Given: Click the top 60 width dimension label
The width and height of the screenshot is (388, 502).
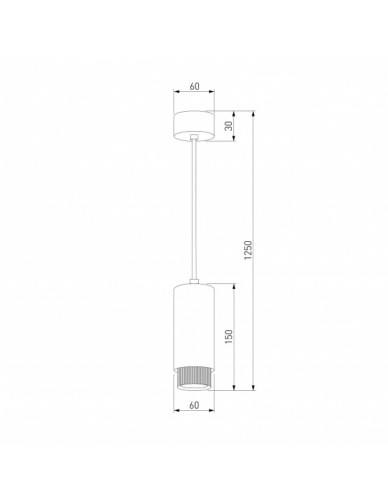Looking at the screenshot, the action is pyautogui.click(x=195, y=86).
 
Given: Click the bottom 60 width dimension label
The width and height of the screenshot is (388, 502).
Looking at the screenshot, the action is pyautogui.click(x=194, y=405).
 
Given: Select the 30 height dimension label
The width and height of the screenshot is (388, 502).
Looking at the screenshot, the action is pyautogui.click(x=228, y=126).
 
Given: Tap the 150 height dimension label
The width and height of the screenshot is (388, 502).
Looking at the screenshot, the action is pyautogui.click(x=228, y=336).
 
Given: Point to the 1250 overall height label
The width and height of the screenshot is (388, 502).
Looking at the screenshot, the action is pyautogui.click(x=248, y=250).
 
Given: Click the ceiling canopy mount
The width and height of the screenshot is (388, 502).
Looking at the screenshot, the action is pyautogui.click(x=194, y=126).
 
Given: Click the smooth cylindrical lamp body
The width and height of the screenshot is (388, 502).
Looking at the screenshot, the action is pyautogui.click(x=194, y=327).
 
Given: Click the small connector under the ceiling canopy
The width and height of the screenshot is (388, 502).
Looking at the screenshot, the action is pyautogui.click(x=194, y=137).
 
